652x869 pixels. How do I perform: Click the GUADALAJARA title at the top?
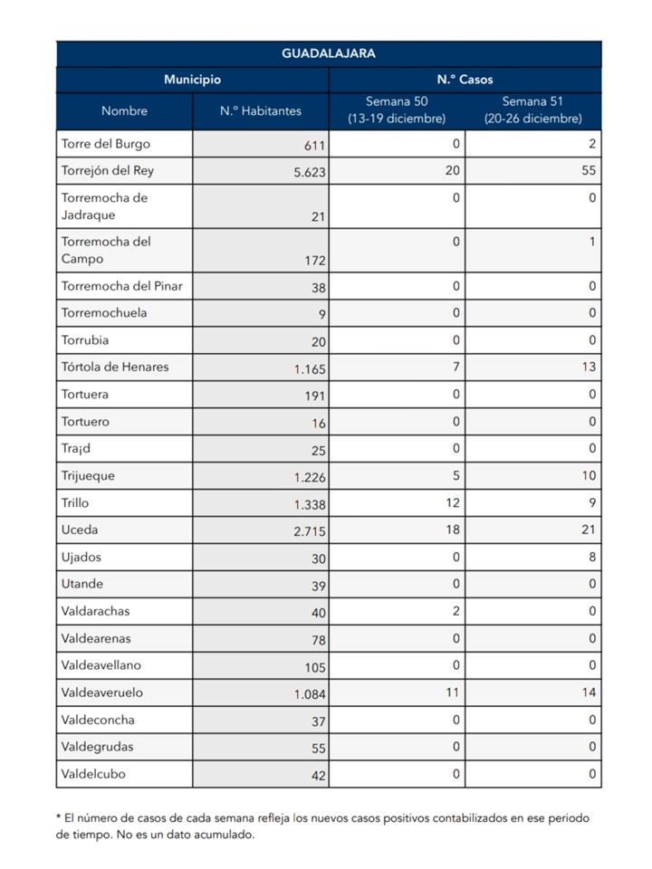328,53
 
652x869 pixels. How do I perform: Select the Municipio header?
192,80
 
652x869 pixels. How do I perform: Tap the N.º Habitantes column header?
261,110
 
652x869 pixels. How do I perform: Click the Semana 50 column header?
397,110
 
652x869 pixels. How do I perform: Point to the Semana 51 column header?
532,110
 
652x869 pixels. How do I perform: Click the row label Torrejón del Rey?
107,171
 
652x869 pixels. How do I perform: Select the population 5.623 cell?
310,172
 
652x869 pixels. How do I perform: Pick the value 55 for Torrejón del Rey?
589,171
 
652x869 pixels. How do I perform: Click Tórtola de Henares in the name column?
115,367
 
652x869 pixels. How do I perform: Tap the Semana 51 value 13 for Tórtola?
589,367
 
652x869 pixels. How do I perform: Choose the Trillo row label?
75,502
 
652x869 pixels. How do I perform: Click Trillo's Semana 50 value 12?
453,502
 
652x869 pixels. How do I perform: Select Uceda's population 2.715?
310,531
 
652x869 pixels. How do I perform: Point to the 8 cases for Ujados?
592,557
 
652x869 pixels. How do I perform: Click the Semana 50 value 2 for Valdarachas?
455,611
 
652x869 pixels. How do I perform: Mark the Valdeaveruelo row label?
102,692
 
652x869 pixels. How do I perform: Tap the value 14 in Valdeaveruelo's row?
589,692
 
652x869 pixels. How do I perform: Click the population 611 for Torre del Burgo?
314,145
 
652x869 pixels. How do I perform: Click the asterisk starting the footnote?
58,816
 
